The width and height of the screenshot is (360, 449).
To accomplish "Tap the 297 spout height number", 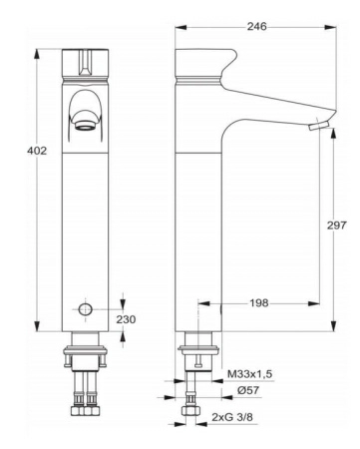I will (x=336, y=225).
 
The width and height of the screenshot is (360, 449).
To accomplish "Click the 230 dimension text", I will (x=125, y=319).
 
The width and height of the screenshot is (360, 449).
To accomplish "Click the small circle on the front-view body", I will (x=86, y=310).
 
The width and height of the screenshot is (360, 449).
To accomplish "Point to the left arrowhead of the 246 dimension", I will (x=178, y=28).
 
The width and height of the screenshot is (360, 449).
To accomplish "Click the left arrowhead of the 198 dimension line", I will (x=200, y=303).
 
